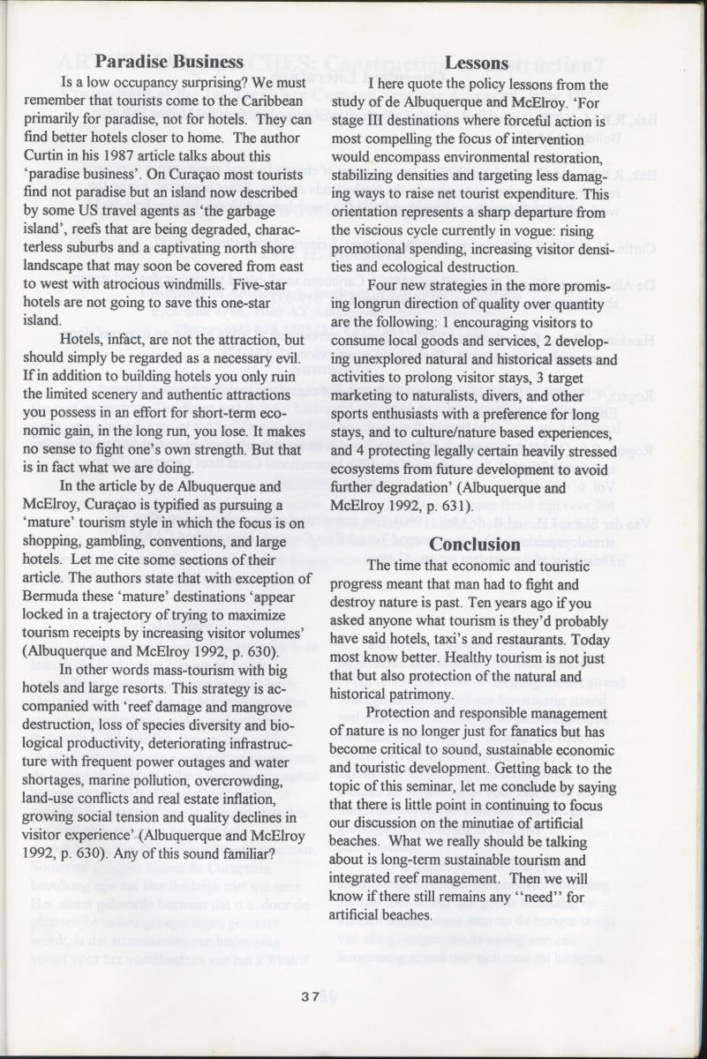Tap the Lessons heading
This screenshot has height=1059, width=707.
(x=477, y=63)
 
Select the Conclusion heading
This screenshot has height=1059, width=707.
(x=476, y=545)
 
